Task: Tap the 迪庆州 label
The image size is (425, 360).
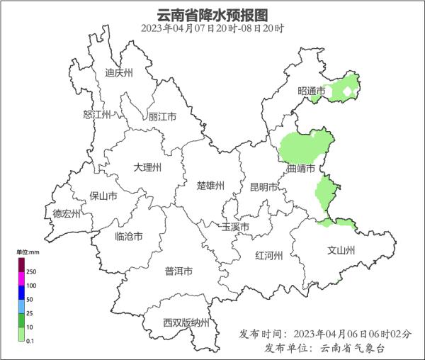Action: point(118,73)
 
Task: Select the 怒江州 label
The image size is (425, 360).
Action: point(97,115)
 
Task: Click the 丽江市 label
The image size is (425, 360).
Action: point(162,117)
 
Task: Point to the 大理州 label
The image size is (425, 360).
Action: point(147,168)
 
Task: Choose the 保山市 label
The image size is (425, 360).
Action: point(103,196)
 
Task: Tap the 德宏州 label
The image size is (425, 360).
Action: point(67,213)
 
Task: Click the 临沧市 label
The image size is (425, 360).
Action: point(128,236)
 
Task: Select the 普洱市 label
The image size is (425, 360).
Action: point(178,271)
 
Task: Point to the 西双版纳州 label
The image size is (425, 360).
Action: point(186,323)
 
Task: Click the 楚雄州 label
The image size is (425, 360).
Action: point(210,186)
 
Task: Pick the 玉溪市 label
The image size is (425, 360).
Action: point(235,227)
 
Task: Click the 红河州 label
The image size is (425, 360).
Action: point(269,256)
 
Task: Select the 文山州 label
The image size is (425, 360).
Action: point(341,251)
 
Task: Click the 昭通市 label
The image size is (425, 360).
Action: point(312,91)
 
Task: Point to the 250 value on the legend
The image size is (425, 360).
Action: point(31,272)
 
